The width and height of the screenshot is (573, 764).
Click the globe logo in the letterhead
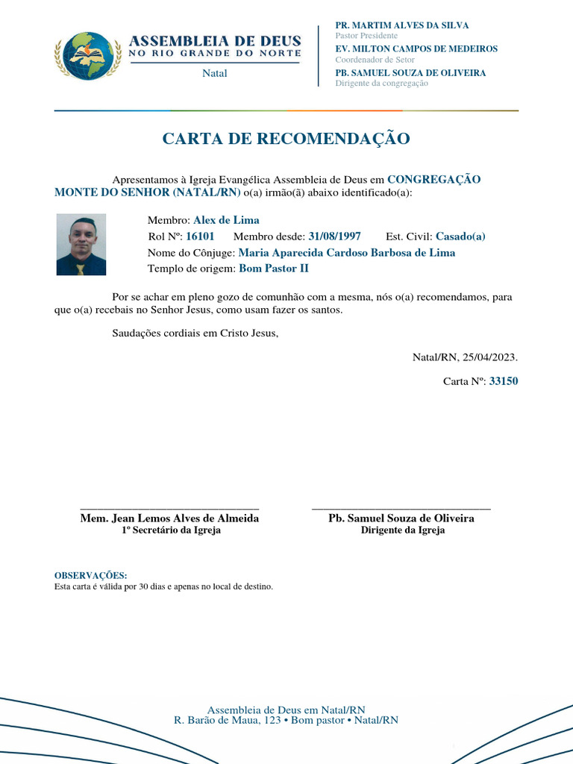tap(88, 55)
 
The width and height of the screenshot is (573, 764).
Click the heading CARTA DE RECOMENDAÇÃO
tap(286, 139)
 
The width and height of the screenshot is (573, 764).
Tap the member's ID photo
tap(81, 245)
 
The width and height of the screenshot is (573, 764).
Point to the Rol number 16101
tap(200, 237)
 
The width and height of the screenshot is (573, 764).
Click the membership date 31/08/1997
tap(334, 237)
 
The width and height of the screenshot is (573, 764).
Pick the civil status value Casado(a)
tap(460, 237)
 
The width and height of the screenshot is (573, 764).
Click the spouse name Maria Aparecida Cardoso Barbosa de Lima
tap(346, 253)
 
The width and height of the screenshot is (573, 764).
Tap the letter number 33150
tap(503, 381)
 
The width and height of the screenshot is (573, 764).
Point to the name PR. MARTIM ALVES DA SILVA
tap(402, 25)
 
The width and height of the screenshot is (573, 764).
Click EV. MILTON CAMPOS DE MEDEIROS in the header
tap(416, 49)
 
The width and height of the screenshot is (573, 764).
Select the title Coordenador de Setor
tap(375, 60)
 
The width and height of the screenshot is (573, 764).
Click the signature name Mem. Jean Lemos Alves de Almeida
tap(169, 519)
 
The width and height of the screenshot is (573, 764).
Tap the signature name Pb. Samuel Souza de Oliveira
tap(401, 519)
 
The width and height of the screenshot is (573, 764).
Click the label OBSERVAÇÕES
tap(91, 576)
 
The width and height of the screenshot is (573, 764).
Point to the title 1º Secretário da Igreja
tap(171, 530)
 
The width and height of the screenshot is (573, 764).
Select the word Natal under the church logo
tap(215, 73)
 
